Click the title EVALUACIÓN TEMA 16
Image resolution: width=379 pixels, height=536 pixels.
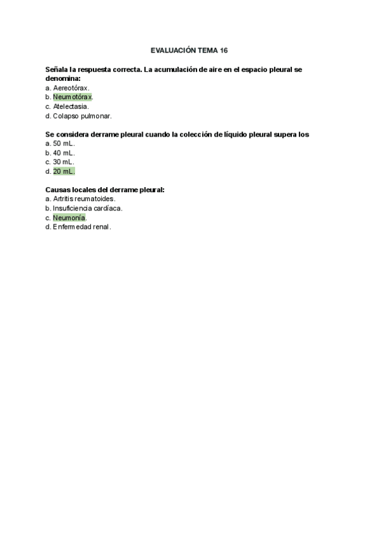click(189, 49)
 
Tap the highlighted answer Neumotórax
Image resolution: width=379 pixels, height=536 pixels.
click(73, 97)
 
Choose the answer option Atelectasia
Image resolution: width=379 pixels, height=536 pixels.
click(71, 106)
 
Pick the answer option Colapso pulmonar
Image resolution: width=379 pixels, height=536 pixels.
click(82, 116)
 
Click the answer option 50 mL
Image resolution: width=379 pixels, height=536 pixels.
click(64, 143)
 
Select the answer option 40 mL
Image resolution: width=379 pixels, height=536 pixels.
click(64, 153)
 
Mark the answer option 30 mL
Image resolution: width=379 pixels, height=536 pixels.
click(64, 162)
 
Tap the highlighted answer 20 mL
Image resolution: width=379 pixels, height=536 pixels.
click(64, 171)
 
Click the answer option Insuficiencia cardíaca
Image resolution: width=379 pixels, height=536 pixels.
click(88, 208)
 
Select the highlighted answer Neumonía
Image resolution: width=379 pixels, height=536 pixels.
click(69, 217)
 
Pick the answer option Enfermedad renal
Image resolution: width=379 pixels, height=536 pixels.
click(82, 226)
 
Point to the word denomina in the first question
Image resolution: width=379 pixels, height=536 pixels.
click(63, 78)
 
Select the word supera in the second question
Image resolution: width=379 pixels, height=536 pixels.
click(285, 134)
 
